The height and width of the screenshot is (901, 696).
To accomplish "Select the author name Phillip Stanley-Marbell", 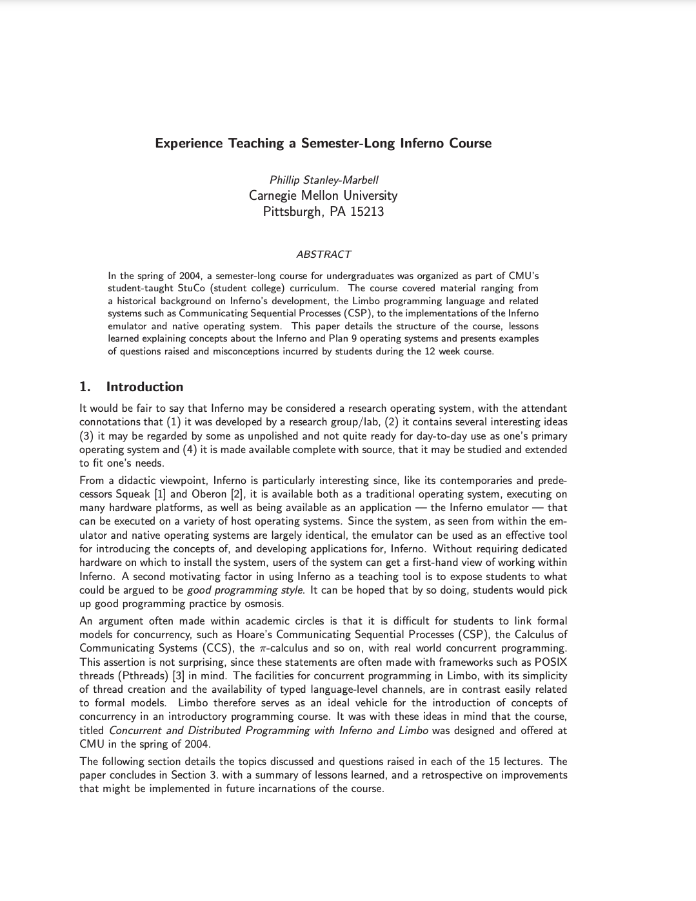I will coord(324,180).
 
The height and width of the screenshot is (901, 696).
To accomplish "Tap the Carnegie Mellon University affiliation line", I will coord(323,195).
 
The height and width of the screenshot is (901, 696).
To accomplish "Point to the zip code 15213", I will coord(367,211).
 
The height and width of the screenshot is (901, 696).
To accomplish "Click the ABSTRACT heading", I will coord(323,254).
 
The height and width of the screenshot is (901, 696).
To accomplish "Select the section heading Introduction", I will coord(144,387).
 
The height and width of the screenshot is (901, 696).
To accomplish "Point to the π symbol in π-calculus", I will coord(261,648).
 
